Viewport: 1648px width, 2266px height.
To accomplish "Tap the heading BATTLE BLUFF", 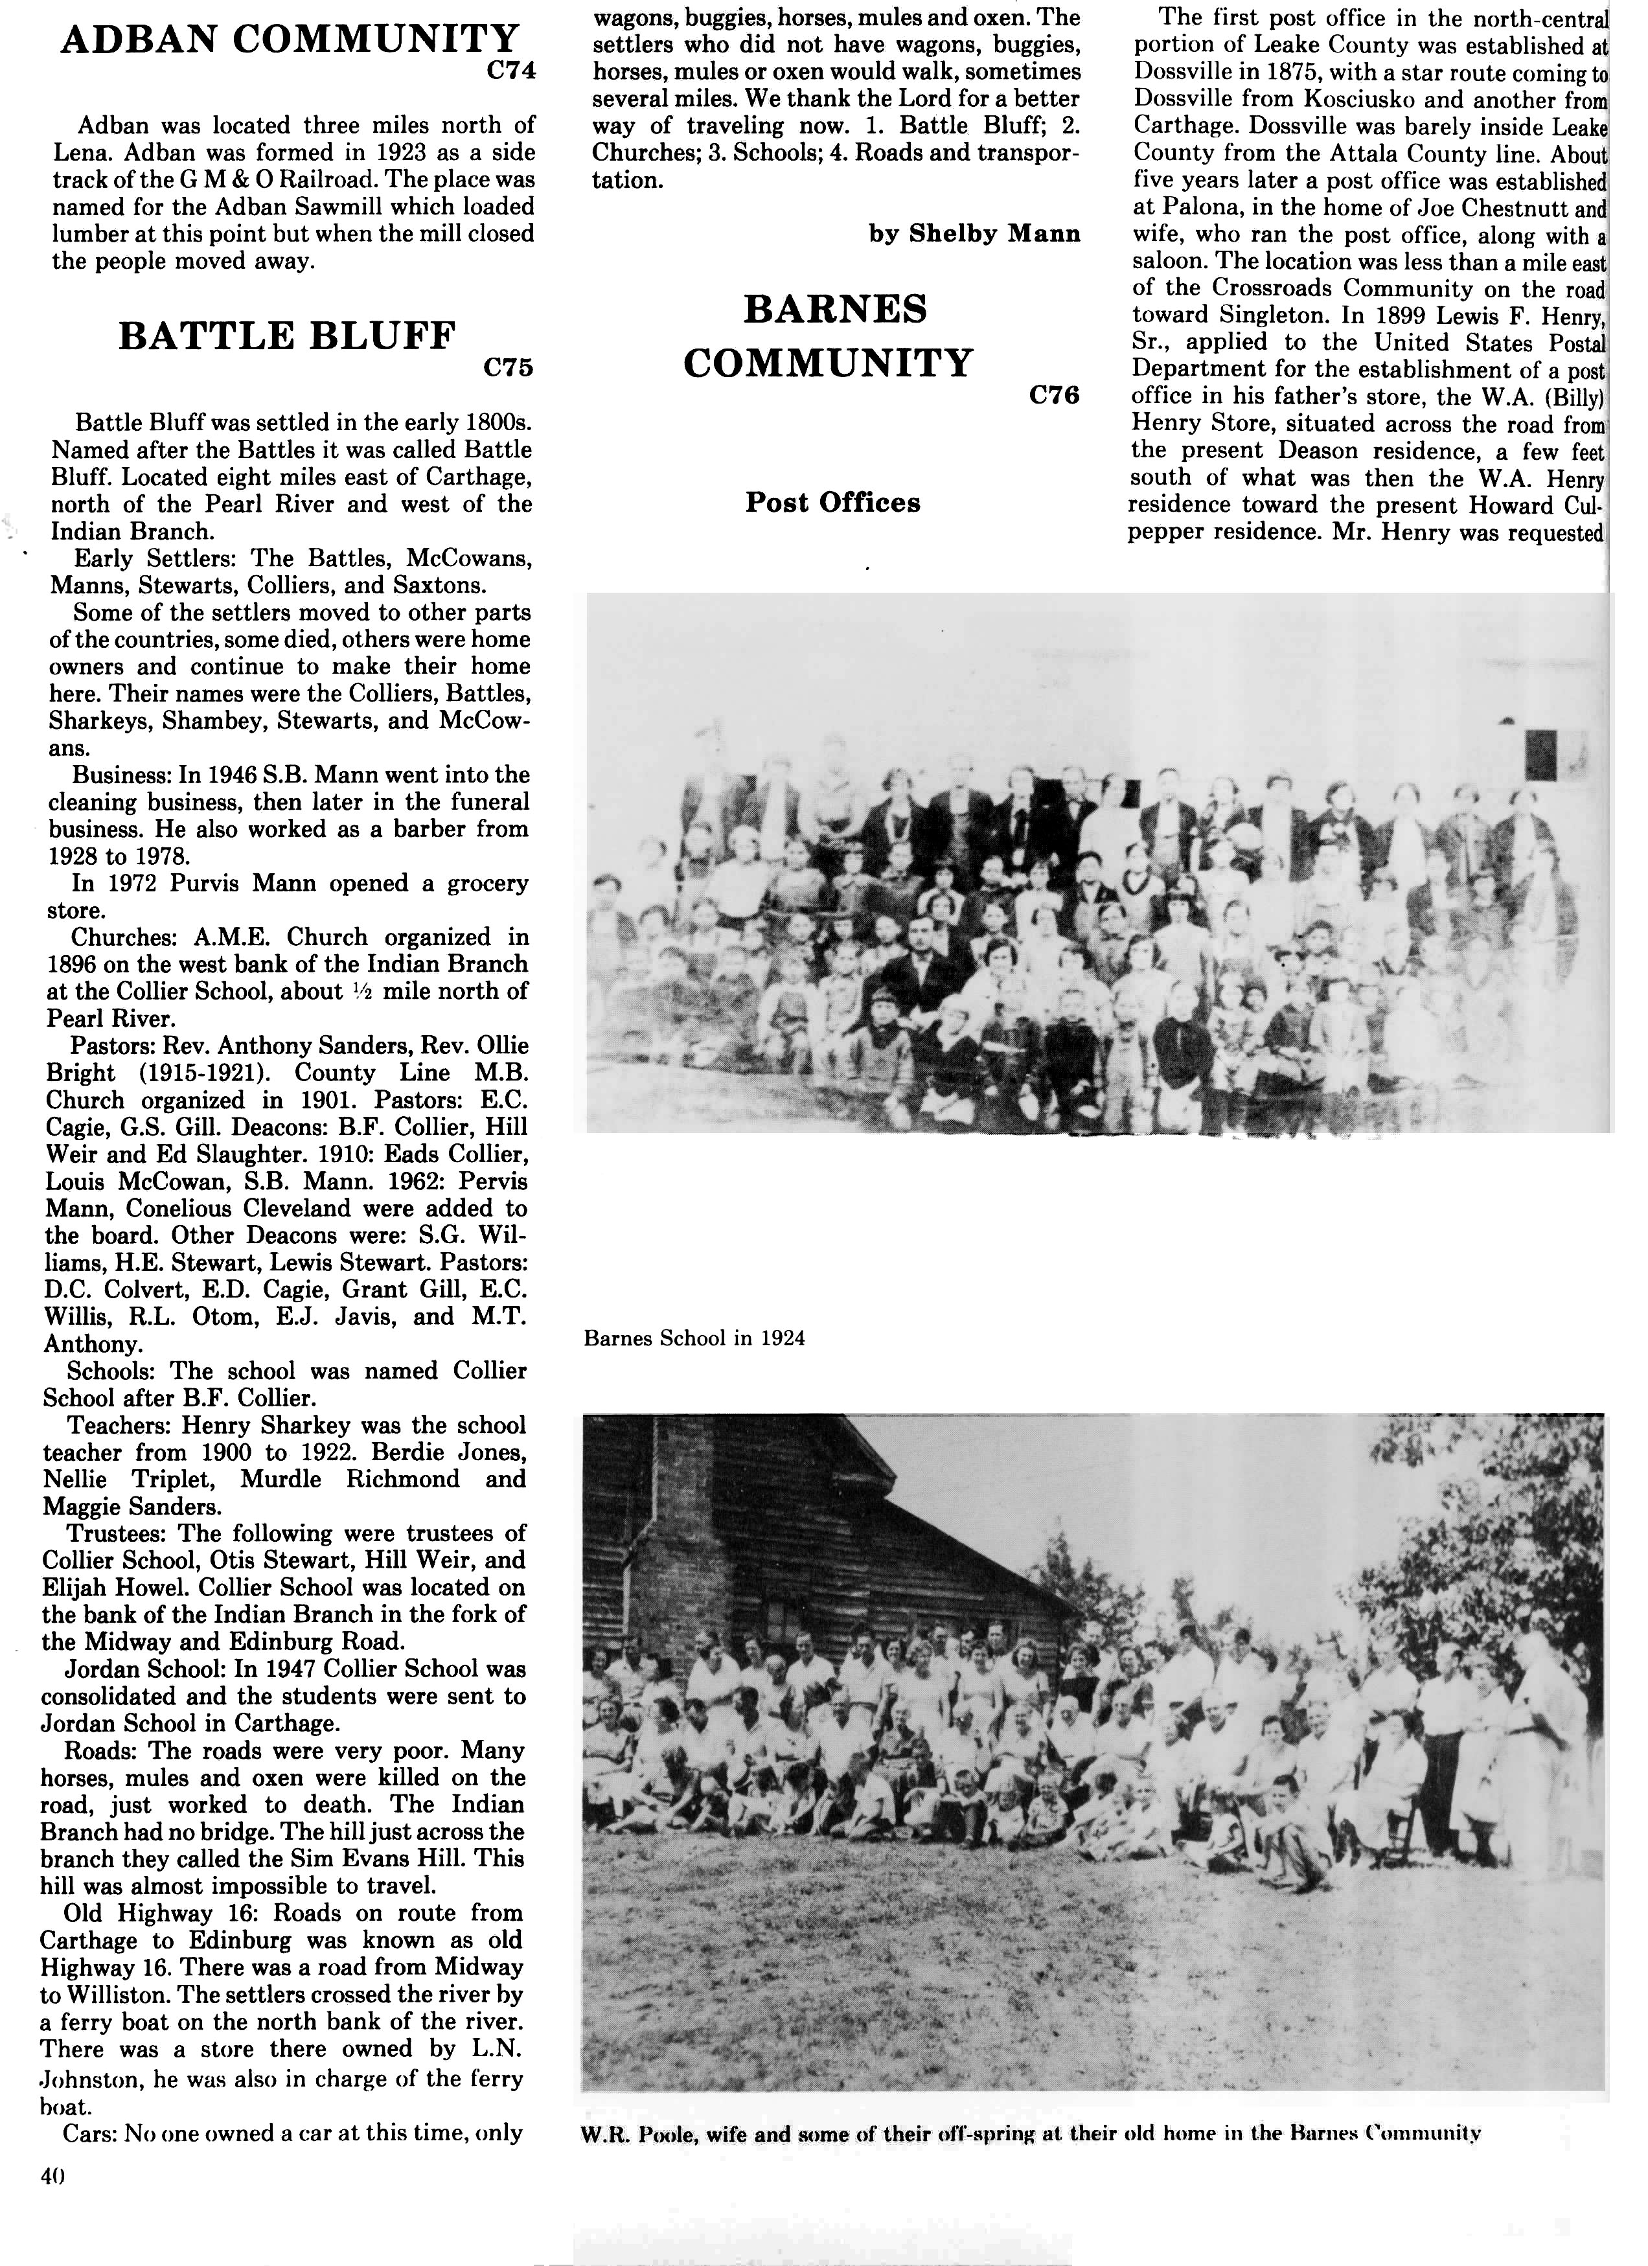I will [287, 336].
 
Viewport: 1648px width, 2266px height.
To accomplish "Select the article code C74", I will [510, 71].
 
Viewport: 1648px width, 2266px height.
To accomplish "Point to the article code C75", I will [508, 368].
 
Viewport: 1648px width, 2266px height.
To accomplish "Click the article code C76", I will [1055, 396].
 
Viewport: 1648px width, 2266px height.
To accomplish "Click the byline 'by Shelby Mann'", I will [974, 234].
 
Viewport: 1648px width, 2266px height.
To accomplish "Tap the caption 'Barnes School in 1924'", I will [694, 1338].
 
